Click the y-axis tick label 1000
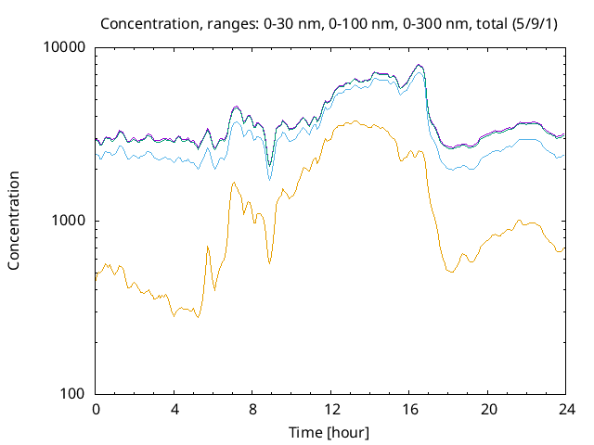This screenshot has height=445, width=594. click(x=69, y=221)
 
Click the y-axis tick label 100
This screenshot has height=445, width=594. click(x=72, y=394)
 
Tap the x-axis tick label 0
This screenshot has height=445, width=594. click(x=96, y=409)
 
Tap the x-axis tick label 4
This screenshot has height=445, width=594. click(x=174, y=409)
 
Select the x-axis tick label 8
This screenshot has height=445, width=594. click(x=252, y=409)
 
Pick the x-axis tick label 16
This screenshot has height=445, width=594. click(x=409, y=409)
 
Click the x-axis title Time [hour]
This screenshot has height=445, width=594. click(x=330, y=431)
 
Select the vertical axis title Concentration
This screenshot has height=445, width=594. click(x=14, y=221)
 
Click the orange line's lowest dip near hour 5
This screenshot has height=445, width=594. click(x=196, y=317)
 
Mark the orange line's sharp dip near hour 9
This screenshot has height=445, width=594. click(x=270, y=264)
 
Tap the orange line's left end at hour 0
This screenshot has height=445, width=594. click(x=97, y=275)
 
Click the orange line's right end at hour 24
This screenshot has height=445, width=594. click(x=564, y=248)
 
